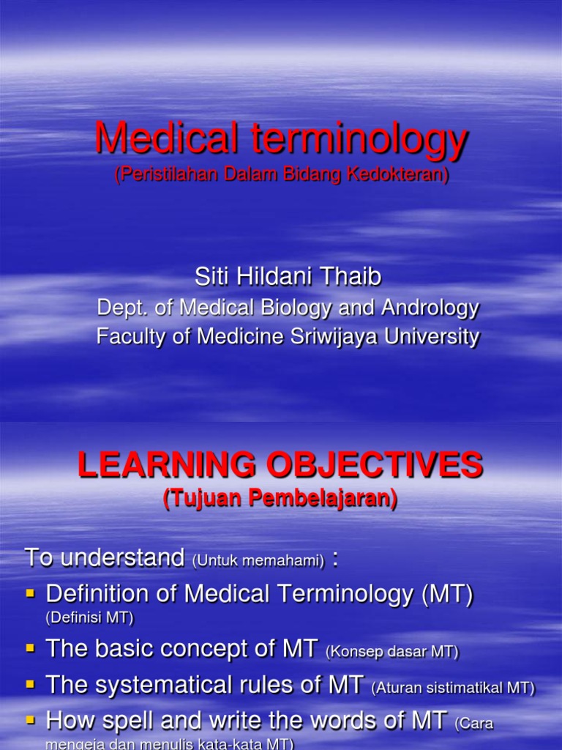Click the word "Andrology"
(429, 308)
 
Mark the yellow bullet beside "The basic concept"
(31, 647)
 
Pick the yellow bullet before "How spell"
(31, 721)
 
